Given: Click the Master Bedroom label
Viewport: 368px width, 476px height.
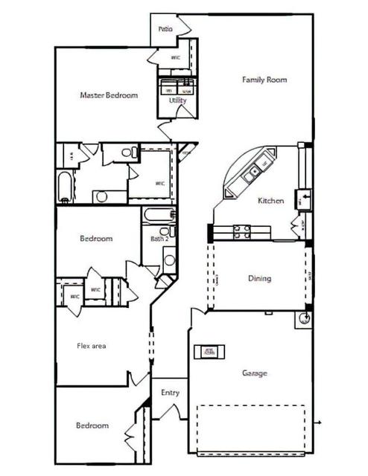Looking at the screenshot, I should point(109,95).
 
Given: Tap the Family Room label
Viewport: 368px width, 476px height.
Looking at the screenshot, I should point(264,80).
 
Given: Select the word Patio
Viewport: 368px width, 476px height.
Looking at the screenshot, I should point(165,29).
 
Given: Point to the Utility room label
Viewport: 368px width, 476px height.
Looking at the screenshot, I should point(177,100).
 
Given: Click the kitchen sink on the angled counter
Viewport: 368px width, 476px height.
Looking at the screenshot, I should point(255,171).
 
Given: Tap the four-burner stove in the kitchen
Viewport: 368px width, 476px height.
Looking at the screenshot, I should point(242,231).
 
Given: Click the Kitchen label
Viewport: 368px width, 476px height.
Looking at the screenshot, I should point(270,201).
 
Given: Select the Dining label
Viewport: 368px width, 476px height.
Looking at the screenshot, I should point(259,279).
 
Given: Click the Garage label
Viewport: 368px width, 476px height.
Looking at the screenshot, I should point(254,373).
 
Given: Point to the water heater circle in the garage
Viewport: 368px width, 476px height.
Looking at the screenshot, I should point(304,320).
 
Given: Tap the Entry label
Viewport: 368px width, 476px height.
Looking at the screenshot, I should point(170,393).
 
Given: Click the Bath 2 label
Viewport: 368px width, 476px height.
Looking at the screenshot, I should point(159,239).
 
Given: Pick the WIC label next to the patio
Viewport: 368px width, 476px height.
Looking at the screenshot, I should point(176,57).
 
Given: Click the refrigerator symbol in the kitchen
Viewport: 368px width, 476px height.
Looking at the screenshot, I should point(305,199).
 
